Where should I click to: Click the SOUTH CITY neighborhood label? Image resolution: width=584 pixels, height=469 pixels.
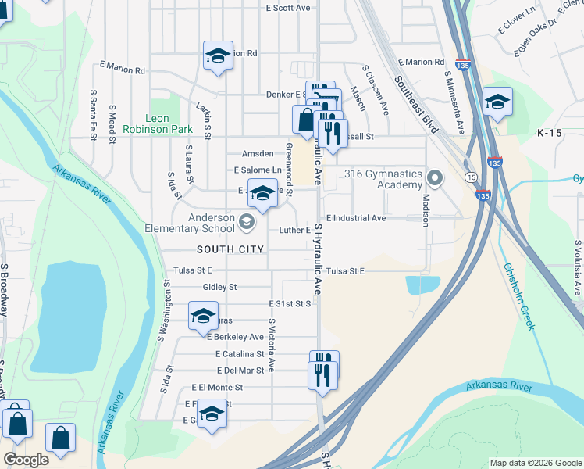coord(230,249)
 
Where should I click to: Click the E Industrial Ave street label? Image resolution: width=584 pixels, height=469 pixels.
coord(356,218)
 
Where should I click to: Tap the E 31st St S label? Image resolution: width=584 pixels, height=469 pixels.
coord(290,303)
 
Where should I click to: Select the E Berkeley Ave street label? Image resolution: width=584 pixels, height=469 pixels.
coord(235,337)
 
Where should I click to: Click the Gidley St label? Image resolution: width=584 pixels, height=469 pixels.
coord(219,287)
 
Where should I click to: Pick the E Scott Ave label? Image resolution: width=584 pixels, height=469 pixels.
coord(288,8)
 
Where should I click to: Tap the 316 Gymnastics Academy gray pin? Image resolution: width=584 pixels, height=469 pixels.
coord(434,178)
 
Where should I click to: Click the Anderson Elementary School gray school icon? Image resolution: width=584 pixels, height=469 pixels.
coord(247,224)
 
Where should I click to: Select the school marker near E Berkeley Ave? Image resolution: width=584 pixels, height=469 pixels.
coord(203,317)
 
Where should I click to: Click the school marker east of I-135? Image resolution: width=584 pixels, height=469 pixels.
coord(497,102)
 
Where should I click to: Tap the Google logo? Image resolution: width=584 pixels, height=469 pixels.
coord(26,460)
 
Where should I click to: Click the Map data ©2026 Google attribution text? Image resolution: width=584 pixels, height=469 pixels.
coord(536,463)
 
